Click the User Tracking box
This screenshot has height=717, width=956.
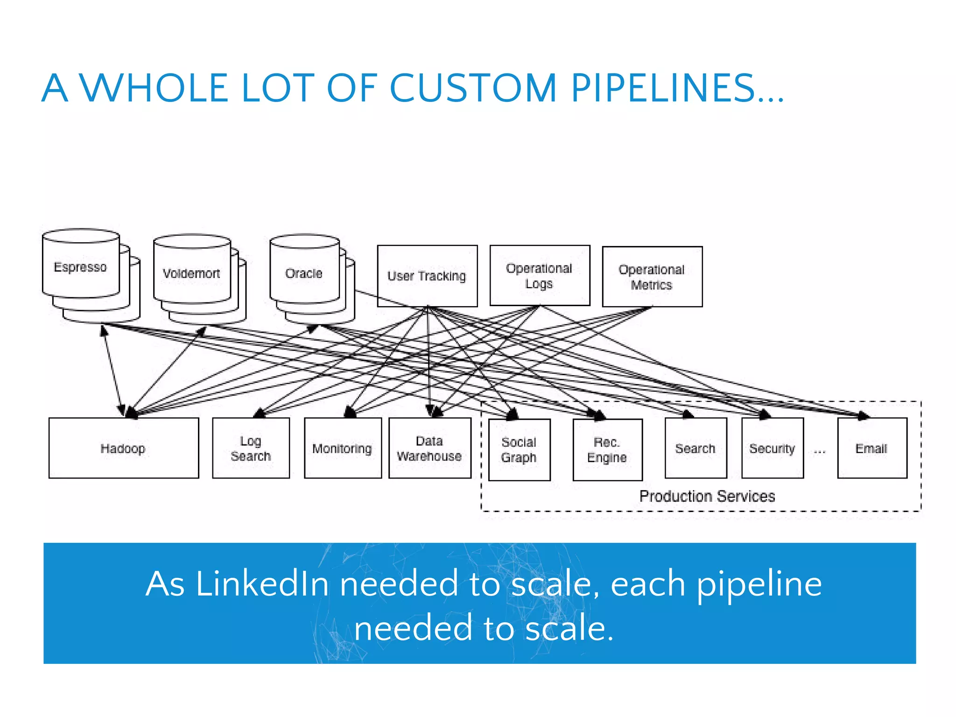[x=427, y=276]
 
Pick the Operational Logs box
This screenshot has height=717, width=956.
[x=540, y=276]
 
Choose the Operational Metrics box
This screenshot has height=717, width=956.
[x=652, y=277]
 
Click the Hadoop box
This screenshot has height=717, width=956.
[x=124, y=448]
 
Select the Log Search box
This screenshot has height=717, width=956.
[x=251, y=448]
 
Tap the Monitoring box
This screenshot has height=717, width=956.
[x=343, y=448]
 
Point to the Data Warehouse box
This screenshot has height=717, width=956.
[x=429, y=448]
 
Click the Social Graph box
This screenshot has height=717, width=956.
[x=519, y=450]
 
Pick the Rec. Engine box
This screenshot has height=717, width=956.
[x=607, y=450]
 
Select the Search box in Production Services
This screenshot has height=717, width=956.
[x=696, y=448]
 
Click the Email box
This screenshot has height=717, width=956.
[x=872, y=448]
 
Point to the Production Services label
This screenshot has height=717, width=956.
[x=707, y=496]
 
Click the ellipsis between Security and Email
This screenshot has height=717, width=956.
[x=820, y=451]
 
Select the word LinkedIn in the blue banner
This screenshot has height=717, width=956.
[x=263, y=584]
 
